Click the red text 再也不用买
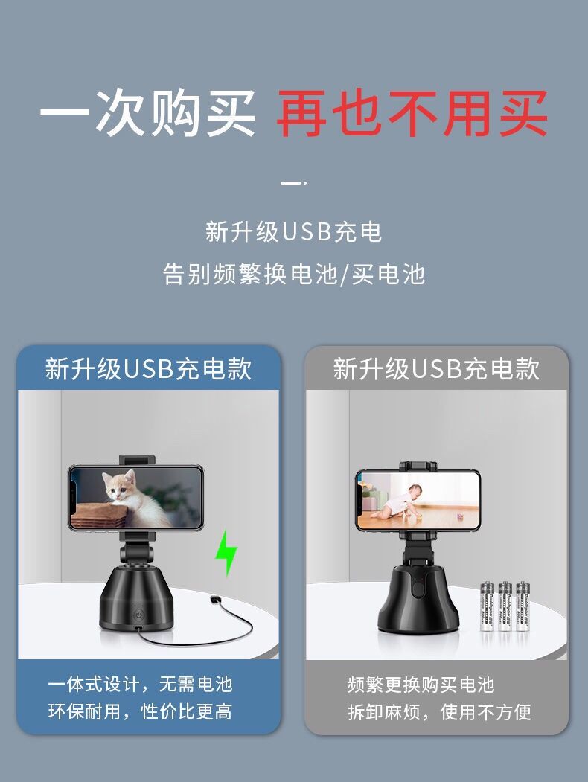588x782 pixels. point(412,114)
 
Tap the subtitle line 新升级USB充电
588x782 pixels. point(294,232)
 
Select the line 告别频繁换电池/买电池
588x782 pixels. point(294,274)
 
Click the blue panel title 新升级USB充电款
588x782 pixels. point(148,369)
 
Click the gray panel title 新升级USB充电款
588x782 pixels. point(436,369)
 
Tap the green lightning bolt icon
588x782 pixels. point(226,553)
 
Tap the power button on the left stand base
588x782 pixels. point(138,615)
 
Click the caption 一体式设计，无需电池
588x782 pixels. point(140,685)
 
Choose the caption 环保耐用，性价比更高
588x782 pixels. point(140,711)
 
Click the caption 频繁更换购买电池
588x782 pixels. point(421,685)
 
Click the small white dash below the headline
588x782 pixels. point(293,183)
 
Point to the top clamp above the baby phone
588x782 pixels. point(418,467)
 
